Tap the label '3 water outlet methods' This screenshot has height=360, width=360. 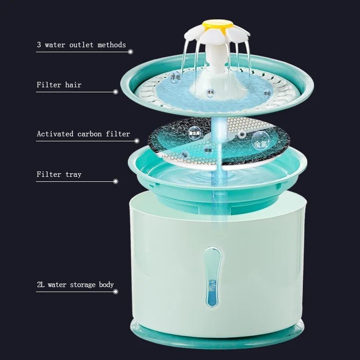81,45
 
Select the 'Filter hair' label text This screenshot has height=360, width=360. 59,85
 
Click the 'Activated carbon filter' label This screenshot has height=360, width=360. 83,134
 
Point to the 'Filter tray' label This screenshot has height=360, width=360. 59,174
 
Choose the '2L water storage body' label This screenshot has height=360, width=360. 75,284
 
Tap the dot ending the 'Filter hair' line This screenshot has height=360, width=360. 116,92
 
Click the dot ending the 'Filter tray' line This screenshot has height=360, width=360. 116,181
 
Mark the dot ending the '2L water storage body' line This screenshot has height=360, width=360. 116,292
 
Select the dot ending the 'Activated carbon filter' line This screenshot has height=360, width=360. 137,141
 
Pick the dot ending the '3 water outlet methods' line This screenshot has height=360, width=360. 130,52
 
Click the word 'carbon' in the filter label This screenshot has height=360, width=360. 90,134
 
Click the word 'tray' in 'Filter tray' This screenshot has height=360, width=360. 73,175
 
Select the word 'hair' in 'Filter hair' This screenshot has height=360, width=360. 73,85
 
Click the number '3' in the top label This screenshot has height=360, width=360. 39,45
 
